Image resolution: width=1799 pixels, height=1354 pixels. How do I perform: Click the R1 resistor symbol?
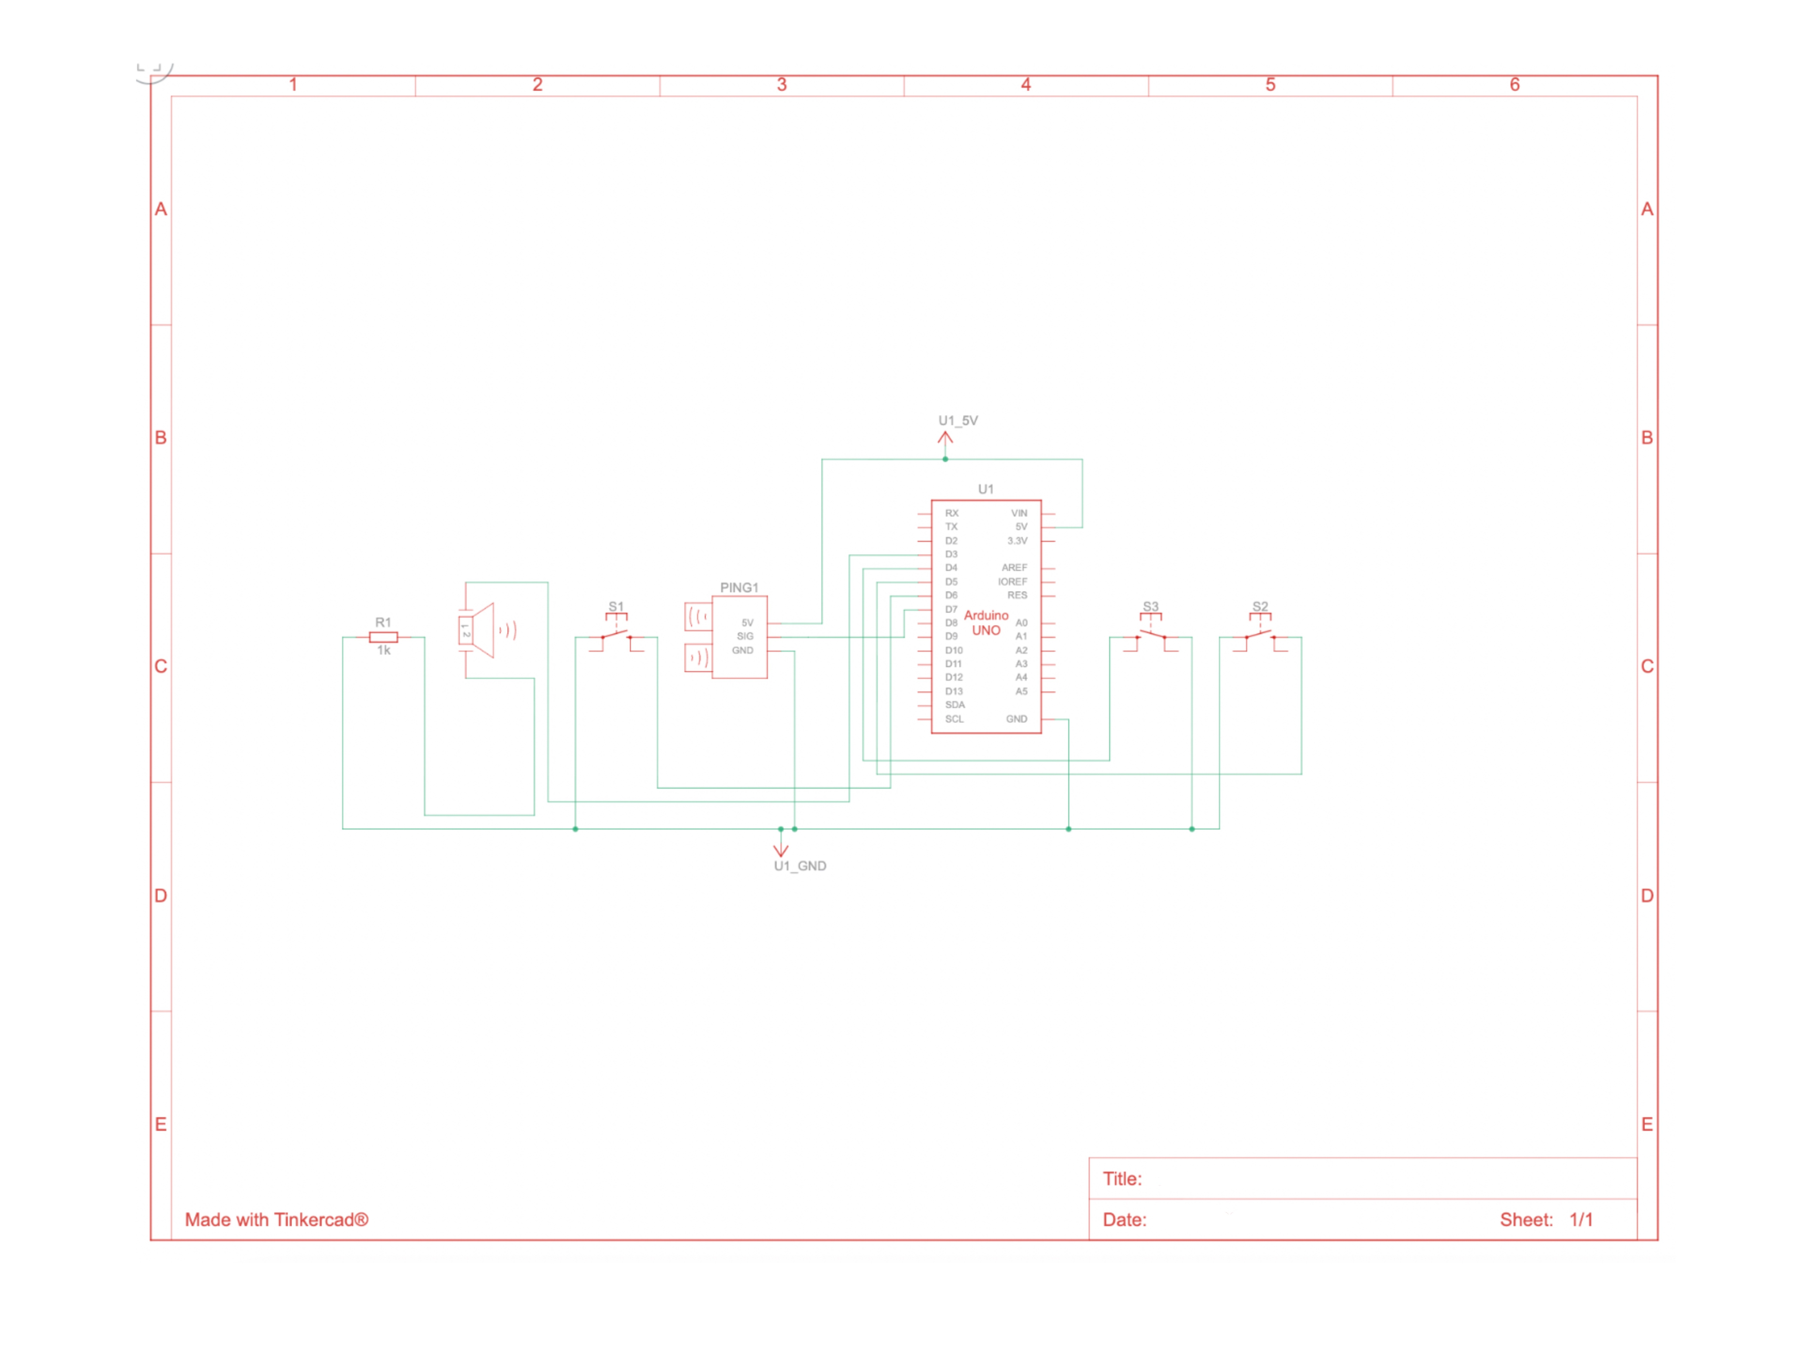coord(383,638)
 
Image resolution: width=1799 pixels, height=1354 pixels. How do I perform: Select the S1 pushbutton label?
coord(616,607)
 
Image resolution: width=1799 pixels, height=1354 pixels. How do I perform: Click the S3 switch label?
coord(1150,607)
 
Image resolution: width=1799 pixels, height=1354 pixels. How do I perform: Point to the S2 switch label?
coord(1260,607)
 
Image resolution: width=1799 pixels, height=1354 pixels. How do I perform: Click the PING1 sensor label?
coord(738,587)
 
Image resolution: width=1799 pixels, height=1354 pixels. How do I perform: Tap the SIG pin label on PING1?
coord(745,636)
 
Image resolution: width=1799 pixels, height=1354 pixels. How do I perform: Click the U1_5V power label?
coord(958,420)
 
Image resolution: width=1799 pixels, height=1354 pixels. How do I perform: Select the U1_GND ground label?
coord(800,866)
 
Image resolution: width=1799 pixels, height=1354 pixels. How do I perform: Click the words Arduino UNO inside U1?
coord(986,623)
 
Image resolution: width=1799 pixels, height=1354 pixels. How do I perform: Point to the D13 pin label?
coord(953,691)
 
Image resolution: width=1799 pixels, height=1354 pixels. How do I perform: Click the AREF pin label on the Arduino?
coord(1014,568)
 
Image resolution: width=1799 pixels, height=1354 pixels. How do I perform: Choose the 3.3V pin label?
coord(1017,541)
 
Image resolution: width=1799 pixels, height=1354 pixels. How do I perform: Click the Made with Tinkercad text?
coord(277,1220)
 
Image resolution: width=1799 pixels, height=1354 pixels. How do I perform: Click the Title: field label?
coord(1122,1179)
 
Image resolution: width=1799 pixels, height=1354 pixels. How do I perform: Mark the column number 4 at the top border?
coord(1026,85)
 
